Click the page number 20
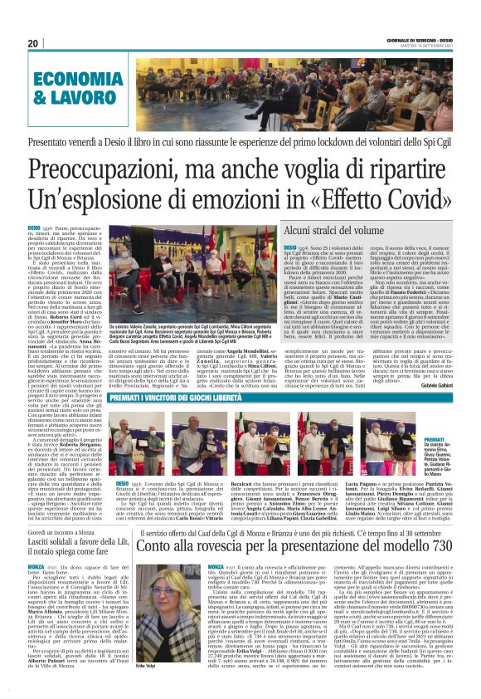click(34, 44)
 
